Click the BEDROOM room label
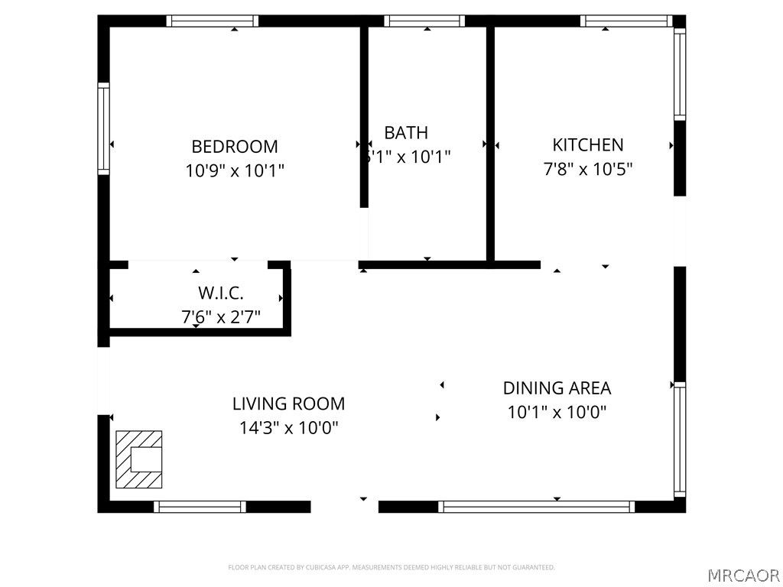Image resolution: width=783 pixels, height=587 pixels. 235,146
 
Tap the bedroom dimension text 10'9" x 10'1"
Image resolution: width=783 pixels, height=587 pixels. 235,170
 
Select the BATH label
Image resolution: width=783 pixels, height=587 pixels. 406,133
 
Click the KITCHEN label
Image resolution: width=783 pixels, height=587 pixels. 588,144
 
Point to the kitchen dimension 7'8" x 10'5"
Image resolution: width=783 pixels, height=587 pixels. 588,168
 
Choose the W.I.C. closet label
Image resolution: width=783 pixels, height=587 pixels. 220,293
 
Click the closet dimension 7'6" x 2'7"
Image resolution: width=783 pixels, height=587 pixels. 220,316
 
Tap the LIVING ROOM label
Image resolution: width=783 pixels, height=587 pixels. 288,404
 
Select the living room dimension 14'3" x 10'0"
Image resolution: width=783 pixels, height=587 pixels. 288,427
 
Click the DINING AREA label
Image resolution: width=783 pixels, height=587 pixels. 557,388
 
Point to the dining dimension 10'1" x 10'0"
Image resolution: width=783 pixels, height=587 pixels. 557,412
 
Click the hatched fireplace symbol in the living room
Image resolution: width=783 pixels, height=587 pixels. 138,459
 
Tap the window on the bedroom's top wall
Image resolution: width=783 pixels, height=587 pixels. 213,21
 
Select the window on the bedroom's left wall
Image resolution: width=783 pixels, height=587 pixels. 103,128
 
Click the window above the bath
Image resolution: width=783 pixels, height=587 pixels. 424,21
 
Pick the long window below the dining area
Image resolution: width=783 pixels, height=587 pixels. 537,506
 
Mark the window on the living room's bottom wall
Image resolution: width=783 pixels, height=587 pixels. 200,506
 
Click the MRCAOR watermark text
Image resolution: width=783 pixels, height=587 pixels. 742,575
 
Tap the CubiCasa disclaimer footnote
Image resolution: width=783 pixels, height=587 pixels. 391,567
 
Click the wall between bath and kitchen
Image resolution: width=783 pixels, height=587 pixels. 490,145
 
